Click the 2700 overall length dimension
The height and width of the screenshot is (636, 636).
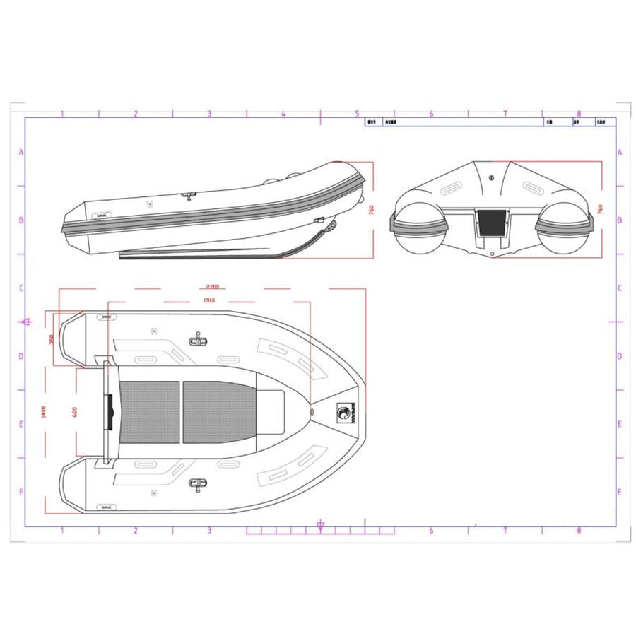point(213,287)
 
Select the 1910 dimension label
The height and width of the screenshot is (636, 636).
point(208,300)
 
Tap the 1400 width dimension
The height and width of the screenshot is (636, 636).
point(44,411)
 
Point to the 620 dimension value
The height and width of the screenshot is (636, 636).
point(76,412)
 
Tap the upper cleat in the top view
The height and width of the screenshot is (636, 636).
point(197,341)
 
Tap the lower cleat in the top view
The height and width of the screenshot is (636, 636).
point(197,483)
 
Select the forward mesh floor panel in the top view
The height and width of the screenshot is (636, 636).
point(219,412)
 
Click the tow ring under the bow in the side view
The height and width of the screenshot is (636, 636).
point(330,224)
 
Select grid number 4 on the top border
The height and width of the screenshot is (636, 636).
point(283,113)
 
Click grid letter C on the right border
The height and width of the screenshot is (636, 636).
point(619,288)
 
